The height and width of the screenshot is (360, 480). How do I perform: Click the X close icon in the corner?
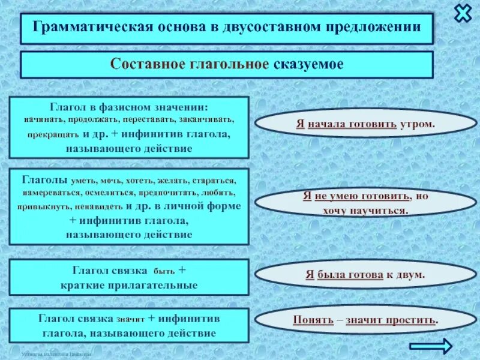(x=463, y=13)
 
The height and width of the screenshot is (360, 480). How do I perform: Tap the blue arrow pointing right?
(x=430, y=346)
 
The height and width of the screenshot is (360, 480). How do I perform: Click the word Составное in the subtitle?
(x=144, y=64)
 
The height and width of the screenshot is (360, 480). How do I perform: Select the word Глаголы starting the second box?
(x=44, y=179)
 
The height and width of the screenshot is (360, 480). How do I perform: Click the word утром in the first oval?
(x=416, y=124)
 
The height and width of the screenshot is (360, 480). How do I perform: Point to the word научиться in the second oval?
(x=381, y=210)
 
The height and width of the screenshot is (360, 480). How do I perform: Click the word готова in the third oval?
(x=365, y=274)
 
